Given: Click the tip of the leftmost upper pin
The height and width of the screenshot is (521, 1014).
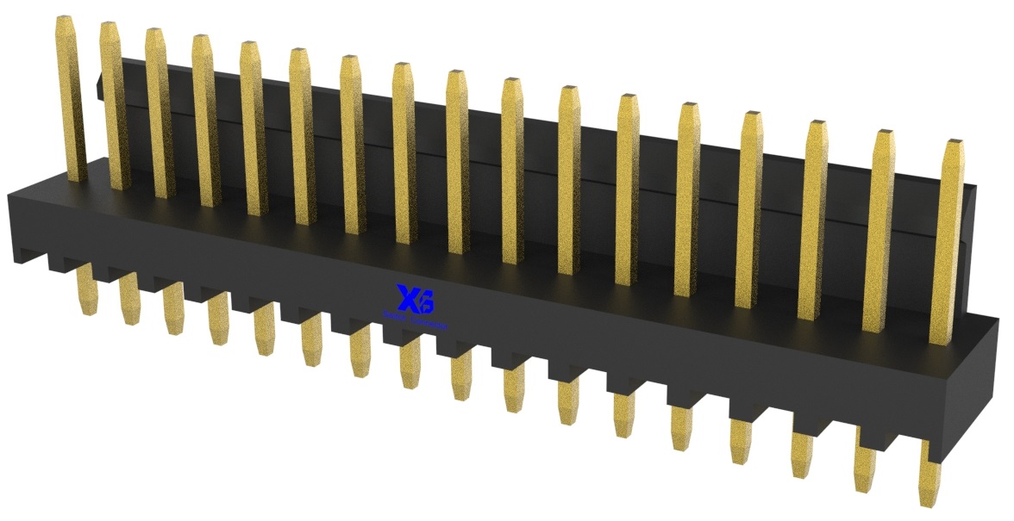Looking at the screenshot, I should (67, 22).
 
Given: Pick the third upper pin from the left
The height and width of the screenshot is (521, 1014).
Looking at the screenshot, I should (159, 112).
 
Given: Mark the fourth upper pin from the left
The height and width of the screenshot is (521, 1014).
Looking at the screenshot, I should (205, 121).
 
